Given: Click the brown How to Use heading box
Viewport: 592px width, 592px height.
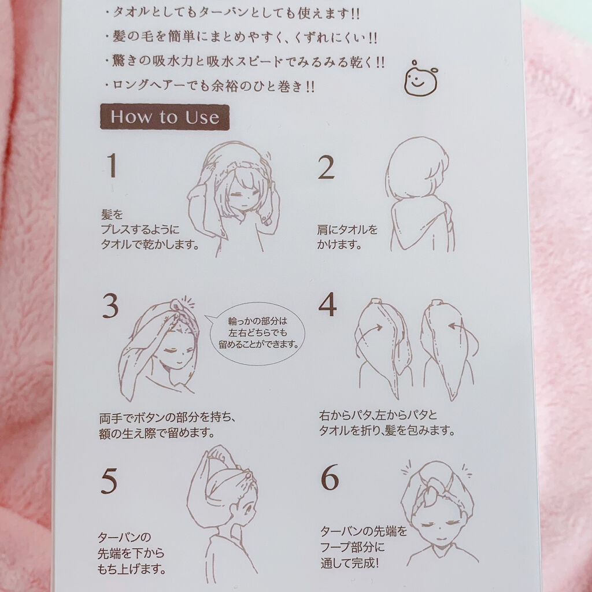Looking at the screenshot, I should point(165,117).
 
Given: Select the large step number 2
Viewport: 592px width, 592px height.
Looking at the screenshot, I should point(326,168).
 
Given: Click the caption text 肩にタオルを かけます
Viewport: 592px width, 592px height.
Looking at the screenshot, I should point(347,237).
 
